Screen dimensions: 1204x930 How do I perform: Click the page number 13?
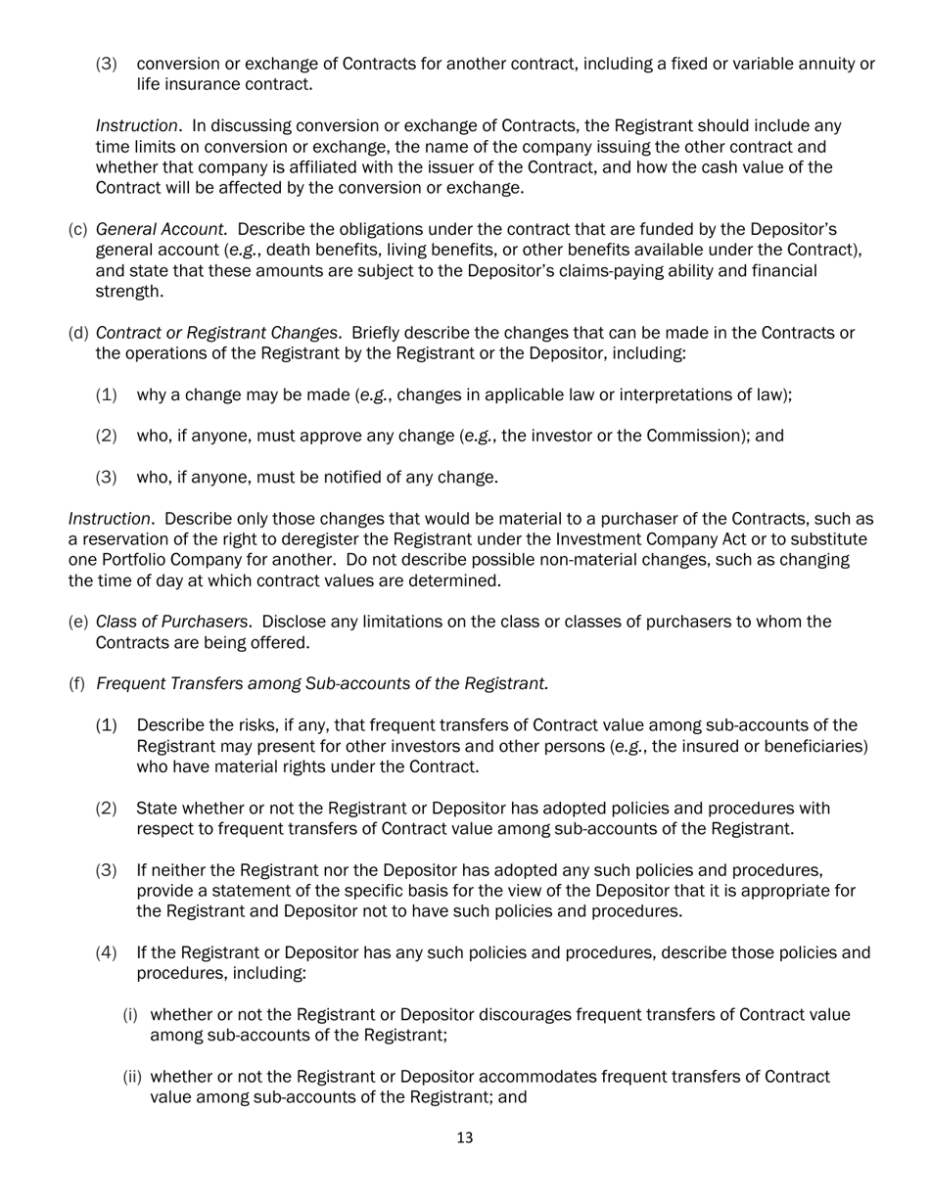tap(465, 1137)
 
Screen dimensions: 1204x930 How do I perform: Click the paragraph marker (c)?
tap(77, 229)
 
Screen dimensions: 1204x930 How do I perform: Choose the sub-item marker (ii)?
tap(132, 1077)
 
